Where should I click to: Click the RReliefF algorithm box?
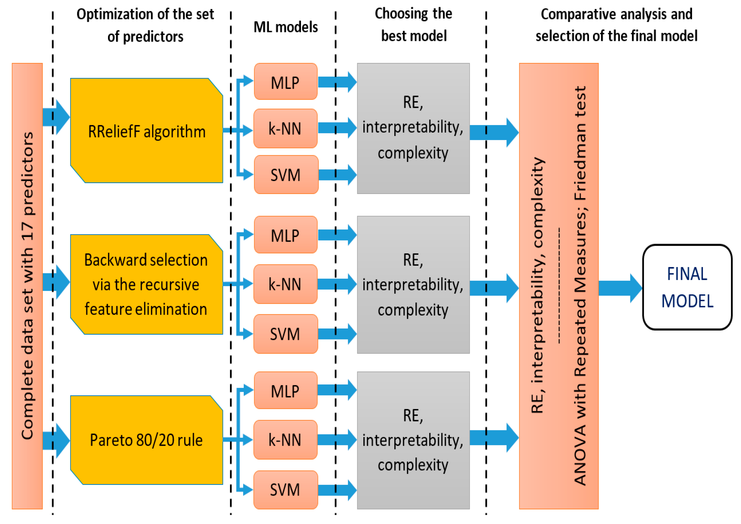tap(147, 131)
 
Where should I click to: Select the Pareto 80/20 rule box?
tap(147, 440)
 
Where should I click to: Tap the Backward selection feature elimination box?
tap(147, 284)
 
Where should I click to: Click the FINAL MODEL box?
tap(687, 287)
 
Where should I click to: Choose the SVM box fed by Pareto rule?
tap(286, 490)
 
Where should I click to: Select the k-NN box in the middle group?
tap(286, 284)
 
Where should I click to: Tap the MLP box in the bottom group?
tap(286, 391)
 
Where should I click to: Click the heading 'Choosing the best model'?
tap(413, 25)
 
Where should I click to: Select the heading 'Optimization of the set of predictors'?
tap(145, 25)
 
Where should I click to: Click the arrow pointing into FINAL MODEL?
tap(620, 288)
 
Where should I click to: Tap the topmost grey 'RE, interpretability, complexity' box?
tap(413, 128)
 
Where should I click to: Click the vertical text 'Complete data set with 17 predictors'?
tap(27, 286)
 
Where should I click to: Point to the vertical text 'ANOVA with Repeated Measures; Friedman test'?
tap(580, 286)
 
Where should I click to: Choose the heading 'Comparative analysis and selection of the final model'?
tap(616, 25)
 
